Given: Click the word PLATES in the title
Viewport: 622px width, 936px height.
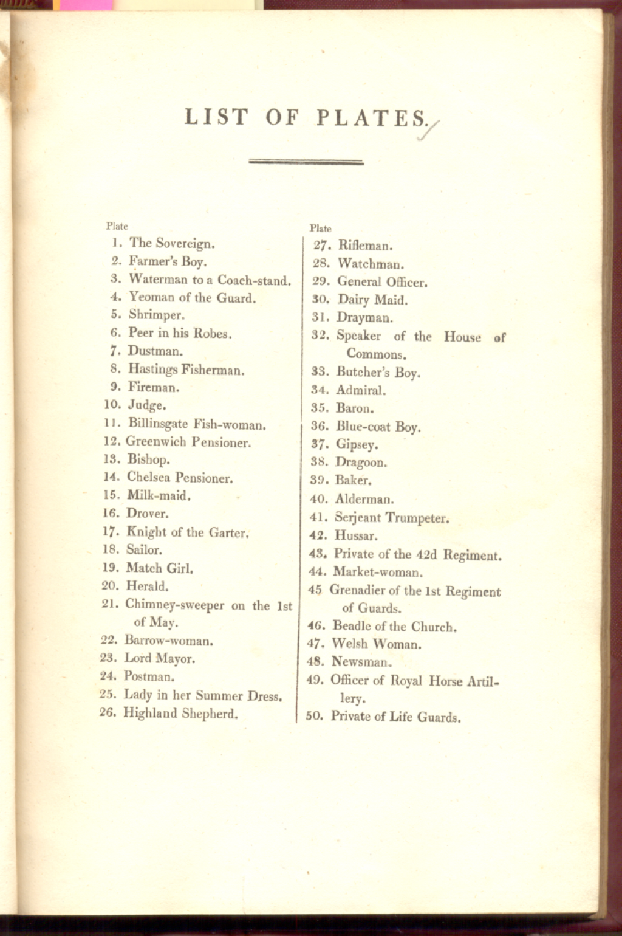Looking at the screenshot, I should click(372, 118).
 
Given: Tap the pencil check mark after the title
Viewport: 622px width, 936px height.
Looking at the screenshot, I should click(429, 131).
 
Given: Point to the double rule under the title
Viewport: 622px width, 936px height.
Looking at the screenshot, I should click(306, 162).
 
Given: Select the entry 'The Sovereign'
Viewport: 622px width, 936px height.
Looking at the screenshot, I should click(172, 244).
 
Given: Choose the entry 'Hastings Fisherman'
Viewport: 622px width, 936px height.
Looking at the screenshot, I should click(186, 370).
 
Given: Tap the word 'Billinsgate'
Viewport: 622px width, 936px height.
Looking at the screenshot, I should click(158, 424).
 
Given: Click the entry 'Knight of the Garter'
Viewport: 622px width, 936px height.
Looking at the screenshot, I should click(187, 532).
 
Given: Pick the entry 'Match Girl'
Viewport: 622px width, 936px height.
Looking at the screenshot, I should click(160, 568).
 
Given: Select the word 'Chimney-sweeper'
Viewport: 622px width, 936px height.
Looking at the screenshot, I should click(174, 605).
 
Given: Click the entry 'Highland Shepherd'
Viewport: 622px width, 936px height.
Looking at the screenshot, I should click(180, 714).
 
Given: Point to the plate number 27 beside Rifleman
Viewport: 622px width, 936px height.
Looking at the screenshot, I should click(322, 246).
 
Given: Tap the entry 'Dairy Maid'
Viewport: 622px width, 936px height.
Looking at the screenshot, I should click(372, 300).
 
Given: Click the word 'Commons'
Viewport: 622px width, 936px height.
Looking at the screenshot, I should click(377, 354).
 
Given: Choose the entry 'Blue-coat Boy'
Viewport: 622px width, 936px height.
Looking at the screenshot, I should click(378, 427).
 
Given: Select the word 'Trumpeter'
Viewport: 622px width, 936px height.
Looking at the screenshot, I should click(417, 518).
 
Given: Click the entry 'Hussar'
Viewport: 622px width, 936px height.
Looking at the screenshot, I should click(356, 536).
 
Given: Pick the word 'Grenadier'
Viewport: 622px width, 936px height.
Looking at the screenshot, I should click(357, 590).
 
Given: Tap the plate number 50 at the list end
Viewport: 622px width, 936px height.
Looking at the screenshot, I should click(314, 716).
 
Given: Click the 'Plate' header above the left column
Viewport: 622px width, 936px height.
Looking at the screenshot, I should click(117, 226).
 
